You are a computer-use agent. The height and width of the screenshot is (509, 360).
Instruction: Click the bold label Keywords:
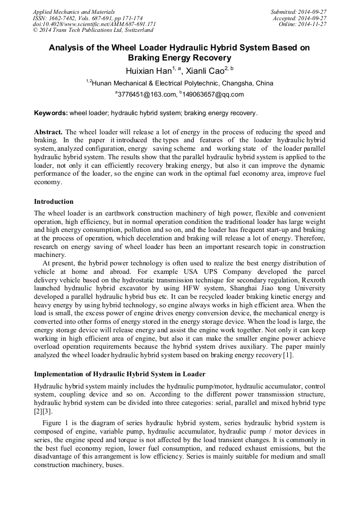[x=51, y=113]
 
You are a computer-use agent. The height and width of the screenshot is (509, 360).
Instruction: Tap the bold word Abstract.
[x=48, y=132]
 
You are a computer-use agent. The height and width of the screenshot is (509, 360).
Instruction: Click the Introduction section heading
[x=54, y=202]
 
